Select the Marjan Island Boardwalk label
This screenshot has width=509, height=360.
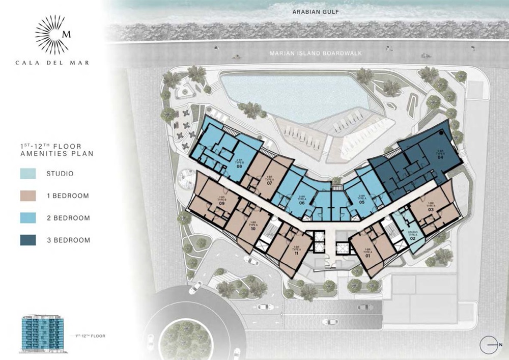click(308, 52)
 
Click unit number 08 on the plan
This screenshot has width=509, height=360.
click(239, 166)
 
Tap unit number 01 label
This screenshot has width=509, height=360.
click(367, 256)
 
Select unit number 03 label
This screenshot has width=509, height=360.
click(431, 209)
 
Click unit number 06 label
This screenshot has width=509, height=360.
click(302, 203)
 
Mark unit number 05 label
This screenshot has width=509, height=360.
click(362, 201)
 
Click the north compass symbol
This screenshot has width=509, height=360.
click(489, 345)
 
